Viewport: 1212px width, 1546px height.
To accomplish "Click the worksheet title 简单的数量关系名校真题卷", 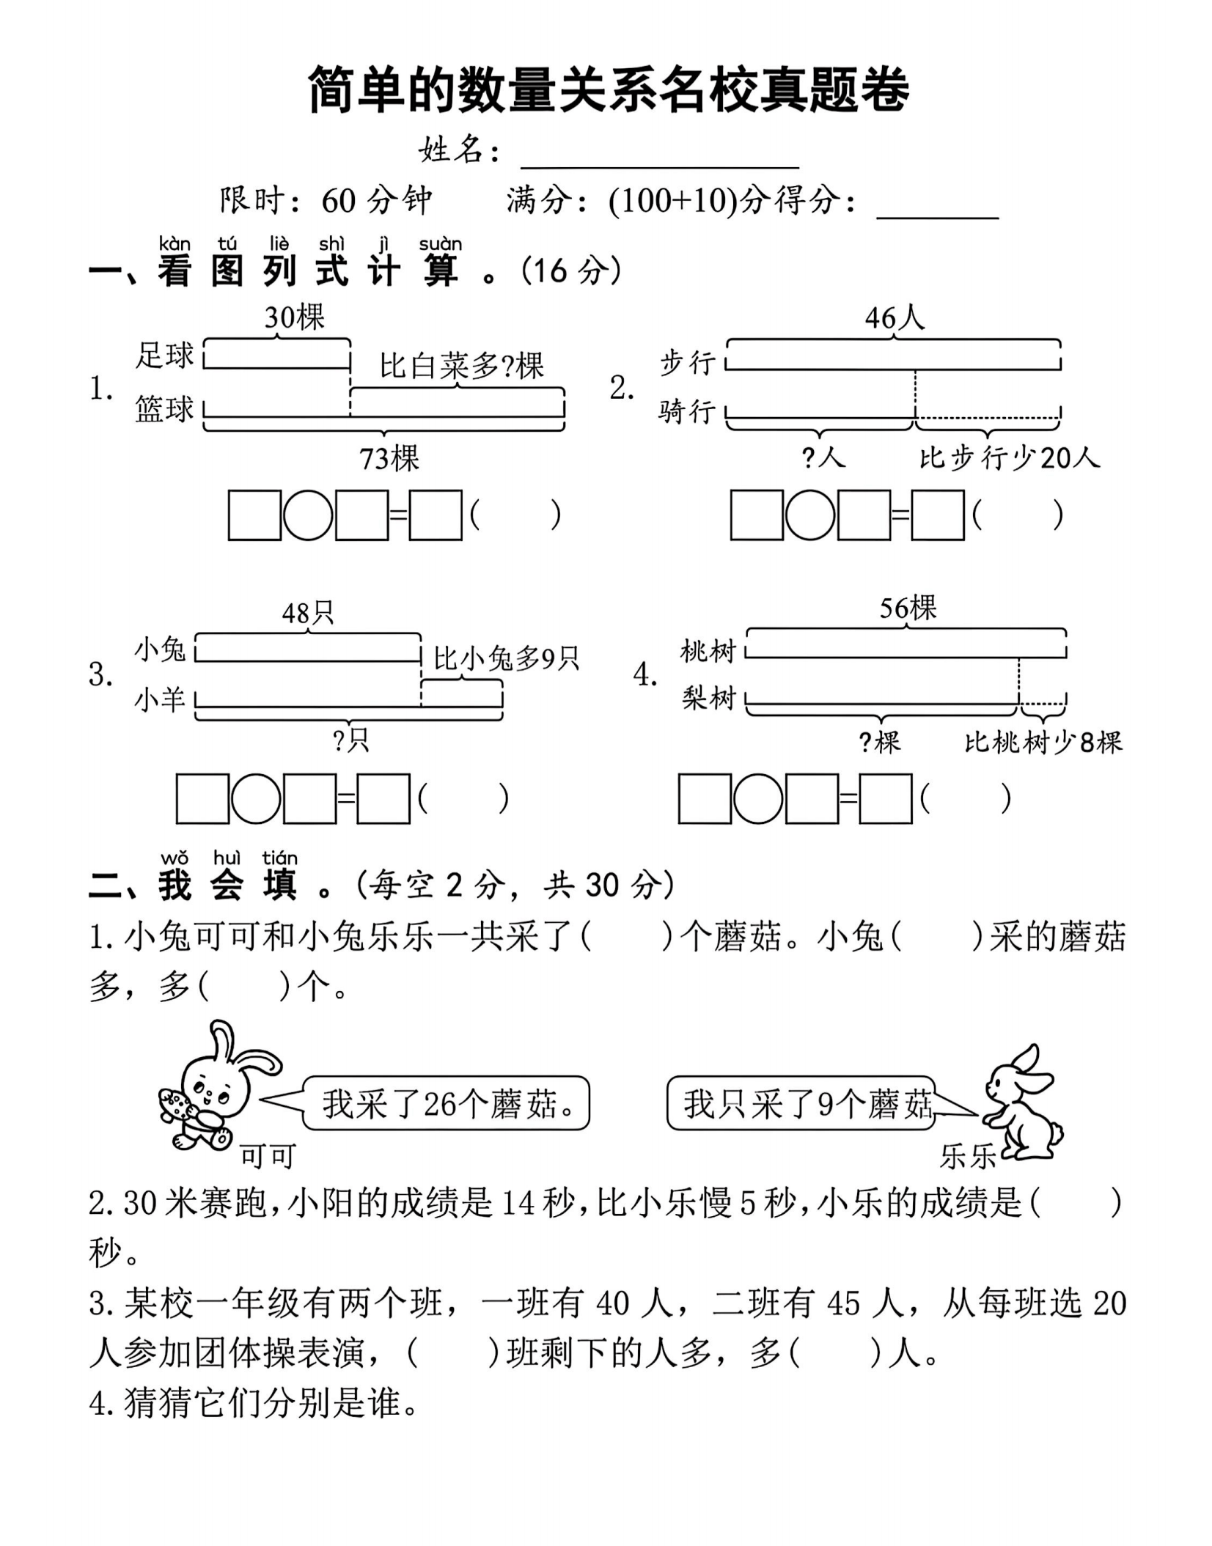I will [x=608, y=90].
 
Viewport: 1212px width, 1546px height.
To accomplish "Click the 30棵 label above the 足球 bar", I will [x=294, y=317].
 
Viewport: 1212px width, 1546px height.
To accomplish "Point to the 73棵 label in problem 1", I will [x=389, y=459].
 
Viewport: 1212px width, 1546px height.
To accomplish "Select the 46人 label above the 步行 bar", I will [x=895, y=317].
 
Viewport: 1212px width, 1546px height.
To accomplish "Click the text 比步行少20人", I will [x=1010, y=458].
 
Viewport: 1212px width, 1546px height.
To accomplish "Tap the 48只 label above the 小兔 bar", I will [x=308, y=612].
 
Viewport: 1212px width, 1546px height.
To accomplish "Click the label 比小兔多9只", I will [x=506, y=658].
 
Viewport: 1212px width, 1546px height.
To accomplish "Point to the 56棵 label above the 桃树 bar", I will [x=908, y=608].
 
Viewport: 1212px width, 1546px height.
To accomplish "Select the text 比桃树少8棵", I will [x=1043, y=743].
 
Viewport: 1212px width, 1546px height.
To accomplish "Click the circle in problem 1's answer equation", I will [x=308, y=515].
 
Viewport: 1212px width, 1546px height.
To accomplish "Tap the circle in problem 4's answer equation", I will [x=758, y=798].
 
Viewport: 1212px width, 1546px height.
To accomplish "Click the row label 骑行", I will [x=686, y=411].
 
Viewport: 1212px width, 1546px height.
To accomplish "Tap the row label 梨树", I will [x=708, y=698].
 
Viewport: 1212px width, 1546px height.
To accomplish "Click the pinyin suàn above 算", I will [x=440, y=244].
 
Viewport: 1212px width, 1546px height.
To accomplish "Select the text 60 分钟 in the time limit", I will [x=376, y=200].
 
